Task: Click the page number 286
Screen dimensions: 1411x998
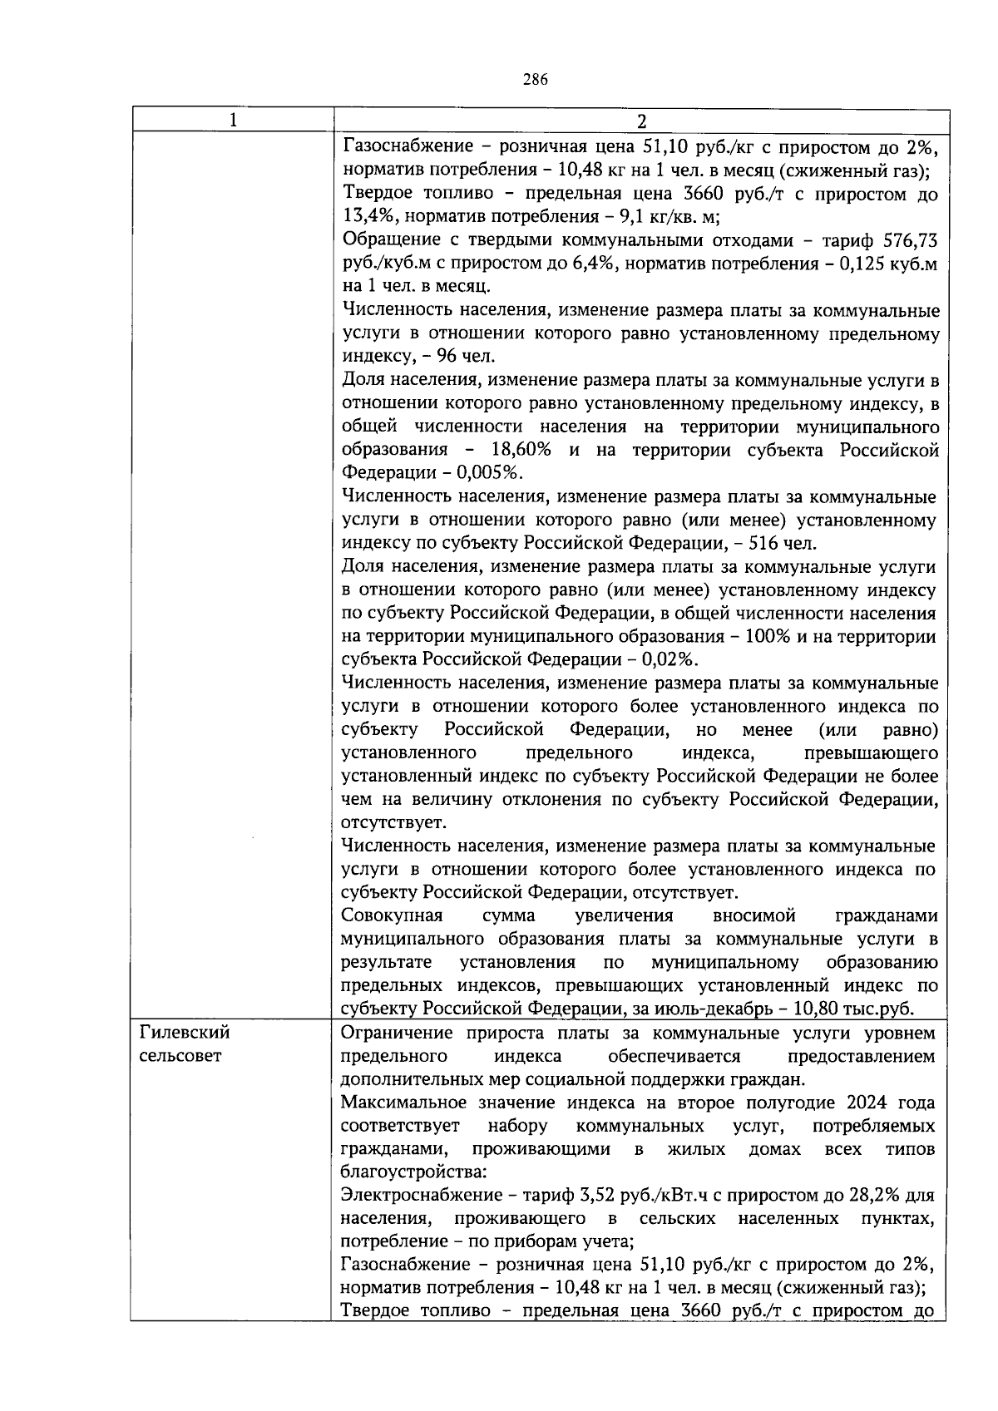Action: click(535, 80)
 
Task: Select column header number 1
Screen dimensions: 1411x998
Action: click(233, 121)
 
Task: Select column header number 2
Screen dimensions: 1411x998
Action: click(640, 121)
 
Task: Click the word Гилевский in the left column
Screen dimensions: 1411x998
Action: click(185, 1033)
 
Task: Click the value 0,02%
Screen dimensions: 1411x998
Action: click(669, 659)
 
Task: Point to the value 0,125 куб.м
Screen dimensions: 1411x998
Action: click(892, 264)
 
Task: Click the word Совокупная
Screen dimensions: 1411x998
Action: click(392, 915)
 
